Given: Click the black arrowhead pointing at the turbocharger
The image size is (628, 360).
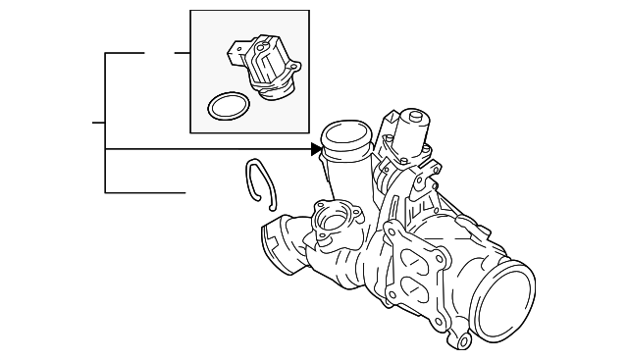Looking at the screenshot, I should [316, 150].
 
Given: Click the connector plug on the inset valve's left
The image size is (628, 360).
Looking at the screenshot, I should [236, 51].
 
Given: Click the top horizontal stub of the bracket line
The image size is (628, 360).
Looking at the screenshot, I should [125, 52].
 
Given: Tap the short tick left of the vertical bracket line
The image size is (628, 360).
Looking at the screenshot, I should [98, 123].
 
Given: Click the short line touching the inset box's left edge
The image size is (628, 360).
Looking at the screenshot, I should [182, 52].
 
